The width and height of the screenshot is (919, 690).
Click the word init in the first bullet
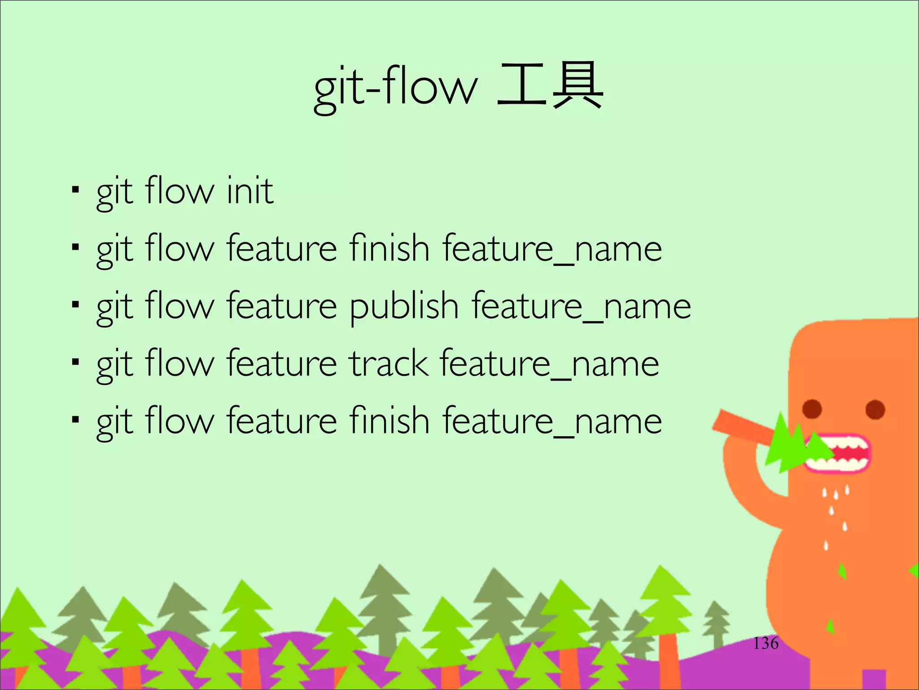coord(250,191)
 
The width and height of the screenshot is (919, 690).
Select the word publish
coord(404,307)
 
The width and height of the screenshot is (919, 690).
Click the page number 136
coord(766,643)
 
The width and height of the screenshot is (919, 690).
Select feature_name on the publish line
coord(581,307)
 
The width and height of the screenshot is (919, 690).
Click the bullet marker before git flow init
coord(75,190)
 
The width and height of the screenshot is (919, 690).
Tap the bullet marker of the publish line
coord(75,305)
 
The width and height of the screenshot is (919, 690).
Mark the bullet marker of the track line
coord(75,362)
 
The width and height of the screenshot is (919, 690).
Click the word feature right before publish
coord(281,307)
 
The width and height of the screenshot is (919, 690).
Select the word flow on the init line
coord(179,191)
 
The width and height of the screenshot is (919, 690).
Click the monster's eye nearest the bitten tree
coord(812,409)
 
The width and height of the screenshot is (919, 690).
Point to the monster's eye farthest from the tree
coord(875,410)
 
